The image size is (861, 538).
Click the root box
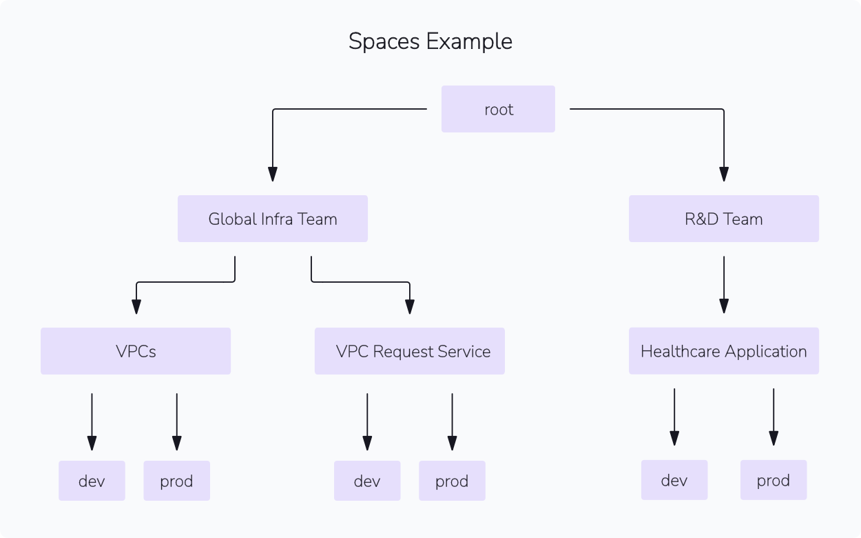click(498, 109)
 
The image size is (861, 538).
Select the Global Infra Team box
click(272, 219)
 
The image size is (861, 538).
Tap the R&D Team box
click(723, 219)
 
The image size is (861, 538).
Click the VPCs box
click(136, 351)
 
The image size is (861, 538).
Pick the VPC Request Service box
click(410, 351)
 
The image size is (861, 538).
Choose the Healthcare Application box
click(723, 351)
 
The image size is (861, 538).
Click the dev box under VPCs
click(92, 481)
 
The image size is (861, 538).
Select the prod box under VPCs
click(176, 481)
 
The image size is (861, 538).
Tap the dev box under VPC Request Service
click(367, 481)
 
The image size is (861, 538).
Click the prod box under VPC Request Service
click(452, 481)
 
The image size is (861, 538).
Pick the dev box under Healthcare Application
click(674, 480)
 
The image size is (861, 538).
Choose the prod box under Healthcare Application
click(773, 480)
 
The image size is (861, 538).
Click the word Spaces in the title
click(384, 41)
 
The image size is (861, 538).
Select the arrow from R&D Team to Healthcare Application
click(724, 283)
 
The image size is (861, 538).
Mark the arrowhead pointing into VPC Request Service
click(410, 307)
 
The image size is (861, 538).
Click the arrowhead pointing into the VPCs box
click(136, 307)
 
